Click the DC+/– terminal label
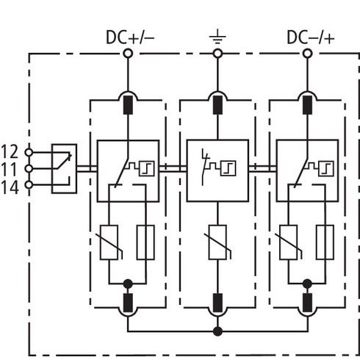tap(130, 37)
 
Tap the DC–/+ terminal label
tap(311, 37)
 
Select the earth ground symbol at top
tap(217, 37)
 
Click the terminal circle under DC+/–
tap(128, 54)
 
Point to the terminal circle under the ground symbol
tap(217, 54)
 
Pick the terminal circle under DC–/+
tap(307, 54)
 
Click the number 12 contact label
tap(10, 152)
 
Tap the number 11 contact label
tap(10, 170)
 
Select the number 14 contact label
tap(10, 187)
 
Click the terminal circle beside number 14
tap(29, 185)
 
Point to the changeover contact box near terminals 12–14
tap(64, 168)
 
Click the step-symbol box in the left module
tap(147, 168)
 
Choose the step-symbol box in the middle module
tap(228, 168)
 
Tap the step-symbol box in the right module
tap(326, 168)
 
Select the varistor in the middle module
tap(217, 242)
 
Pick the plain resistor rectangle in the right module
tap(325, 242)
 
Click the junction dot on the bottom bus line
tap(217, 331)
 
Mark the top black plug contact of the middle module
tap(217, 105)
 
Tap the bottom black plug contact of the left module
tap(128, 303)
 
